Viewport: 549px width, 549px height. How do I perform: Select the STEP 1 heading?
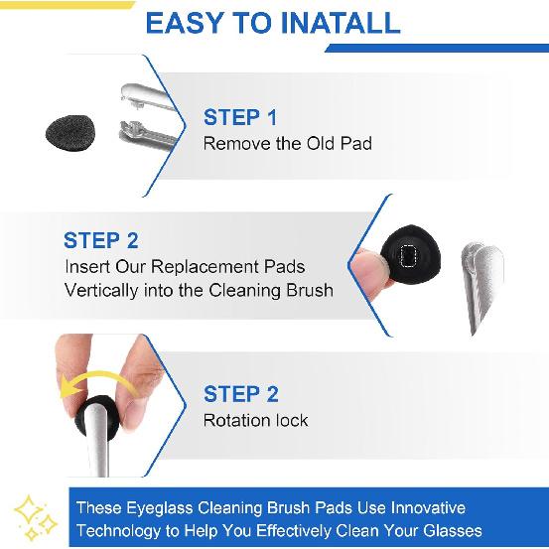coord(240,118)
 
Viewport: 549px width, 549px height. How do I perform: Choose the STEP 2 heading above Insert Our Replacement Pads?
coord(100,241)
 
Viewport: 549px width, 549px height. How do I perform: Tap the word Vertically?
coord(108,291)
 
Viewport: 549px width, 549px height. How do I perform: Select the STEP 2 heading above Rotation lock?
coord(240,395)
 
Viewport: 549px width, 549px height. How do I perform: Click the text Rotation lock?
coord(255,420)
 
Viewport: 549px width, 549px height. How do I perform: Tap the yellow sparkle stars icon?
coord(35,515)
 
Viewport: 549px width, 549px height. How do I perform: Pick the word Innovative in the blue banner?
coord(424,507)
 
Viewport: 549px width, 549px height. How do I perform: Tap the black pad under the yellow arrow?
coord(99,411)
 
